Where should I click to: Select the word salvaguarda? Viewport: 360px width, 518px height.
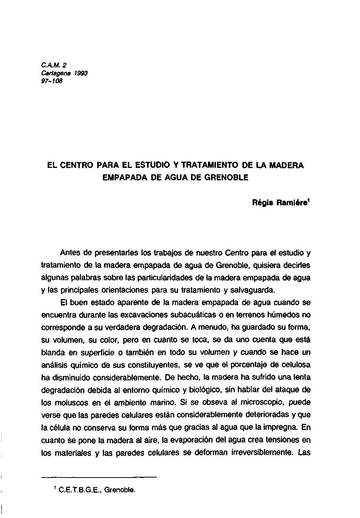[252, 290]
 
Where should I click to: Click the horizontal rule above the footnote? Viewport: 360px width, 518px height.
[99, 477]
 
